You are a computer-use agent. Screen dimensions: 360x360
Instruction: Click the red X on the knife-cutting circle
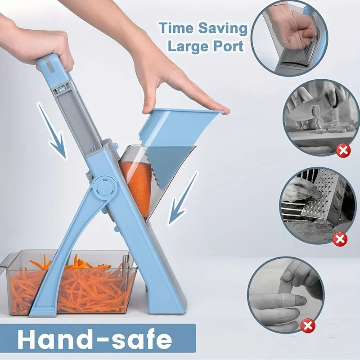pos(344,150)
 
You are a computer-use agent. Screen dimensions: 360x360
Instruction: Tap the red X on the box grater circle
pos(340,239)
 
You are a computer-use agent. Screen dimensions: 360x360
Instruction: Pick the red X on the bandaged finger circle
pos(308,325)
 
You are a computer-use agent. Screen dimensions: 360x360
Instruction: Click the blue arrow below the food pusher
pos(182,198)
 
